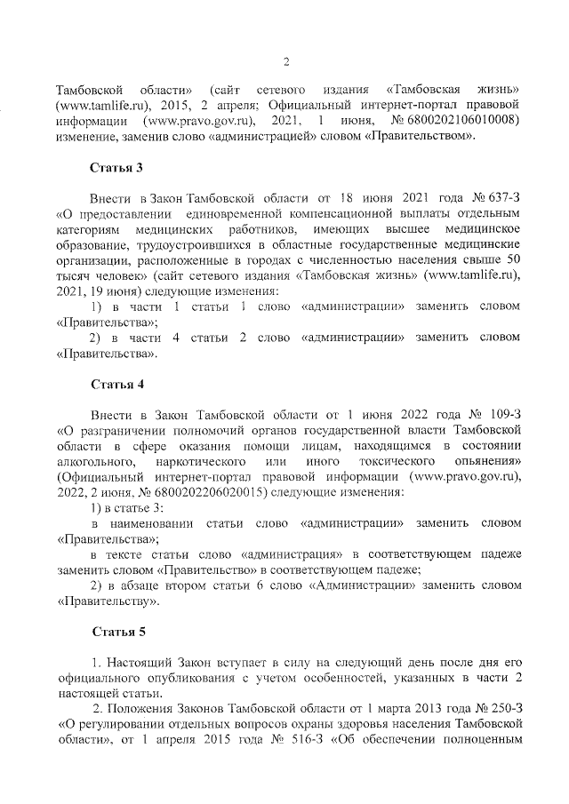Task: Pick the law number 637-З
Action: (488, 196)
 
